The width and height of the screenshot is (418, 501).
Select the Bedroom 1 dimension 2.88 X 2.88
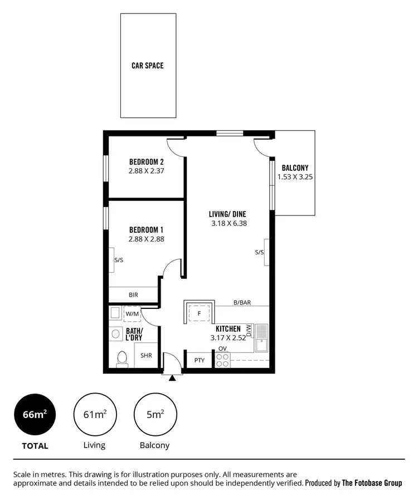[x=146, y=239]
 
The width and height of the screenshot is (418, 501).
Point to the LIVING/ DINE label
[x=227, y=214]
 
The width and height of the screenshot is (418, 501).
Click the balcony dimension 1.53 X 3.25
[x=295, y=178]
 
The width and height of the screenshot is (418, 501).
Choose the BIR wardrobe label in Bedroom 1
[x=133, y=295]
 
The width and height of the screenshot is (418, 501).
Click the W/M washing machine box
[x=132, y=314]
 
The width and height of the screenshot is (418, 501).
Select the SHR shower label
[x=146, y=356]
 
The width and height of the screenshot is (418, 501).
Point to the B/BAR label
[x=242, y=303]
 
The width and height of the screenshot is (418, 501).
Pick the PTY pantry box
[x=200, y=360]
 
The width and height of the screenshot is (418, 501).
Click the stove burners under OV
[x=222, y=360]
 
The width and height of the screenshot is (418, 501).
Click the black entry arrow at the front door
[x=172, y=378]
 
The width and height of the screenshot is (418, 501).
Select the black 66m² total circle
[x=35, y=415]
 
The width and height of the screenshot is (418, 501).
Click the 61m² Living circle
[x=95, y=415]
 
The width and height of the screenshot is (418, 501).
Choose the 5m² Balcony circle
[x=154, y=415]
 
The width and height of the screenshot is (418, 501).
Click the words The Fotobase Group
[x=372, y=483]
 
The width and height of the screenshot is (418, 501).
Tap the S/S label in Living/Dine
[x=259, y=252]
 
